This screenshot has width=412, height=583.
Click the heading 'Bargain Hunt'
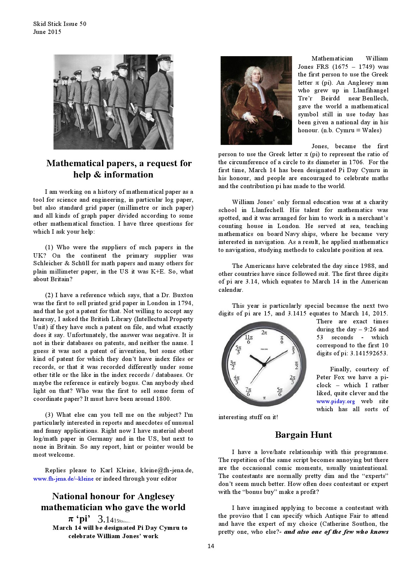point(303,435)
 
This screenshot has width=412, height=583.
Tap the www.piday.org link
point(336,401)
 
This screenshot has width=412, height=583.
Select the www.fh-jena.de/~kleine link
point(63,479)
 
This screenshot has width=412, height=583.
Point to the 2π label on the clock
point(264,332)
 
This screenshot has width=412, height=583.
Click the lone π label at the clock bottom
point(264,398)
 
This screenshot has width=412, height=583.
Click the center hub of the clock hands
point(264,365)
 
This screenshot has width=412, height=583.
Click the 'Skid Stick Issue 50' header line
point(60,24)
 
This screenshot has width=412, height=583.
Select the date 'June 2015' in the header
point(47,32)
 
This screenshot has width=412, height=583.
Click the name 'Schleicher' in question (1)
point(47,263)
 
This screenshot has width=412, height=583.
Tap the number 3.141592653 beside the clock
point(369,353)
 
